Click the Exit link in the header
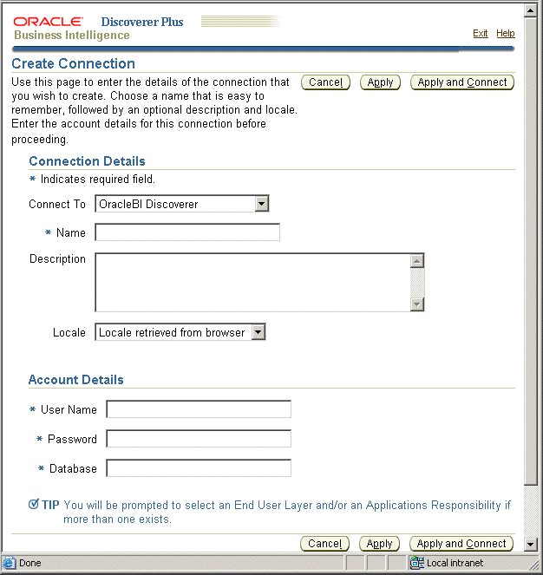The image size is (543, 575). (x=480, y=33)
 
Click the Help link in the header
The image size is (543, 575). (x=505, y=33)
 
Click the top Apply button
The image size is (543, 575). (x=380, y=82)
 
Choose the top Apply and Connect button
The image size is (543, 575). (x=461, y=82)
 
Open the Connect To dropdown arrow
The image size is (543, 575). (x=261, y=204)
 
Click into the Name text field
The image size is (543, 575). (x=187, y=232)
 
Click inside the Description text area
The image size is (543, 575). (x=252, y=282)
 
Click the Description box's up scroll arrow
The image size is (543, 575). (x=417, y=261)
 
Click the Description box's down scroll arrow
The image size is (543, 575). (x=417, y=304)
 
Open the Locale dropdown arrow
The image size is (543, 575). (x=258, y=332)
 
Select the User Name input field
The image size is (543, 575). (x=199, y=409)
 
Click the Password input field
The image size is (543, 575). (x=199, y=439)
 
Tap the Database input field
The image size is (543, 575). (x=199, y=468)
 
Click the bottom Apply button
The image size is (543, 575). (x=379, y=544)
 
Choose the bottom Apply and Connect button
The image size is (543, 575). (x=461, y=544)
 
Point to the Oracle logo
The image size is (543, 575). (x=49, y=21)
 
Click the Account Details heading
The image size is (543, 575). (x=76, y=380)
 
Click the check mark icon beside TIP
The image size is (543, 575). (x=34, y=505)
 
